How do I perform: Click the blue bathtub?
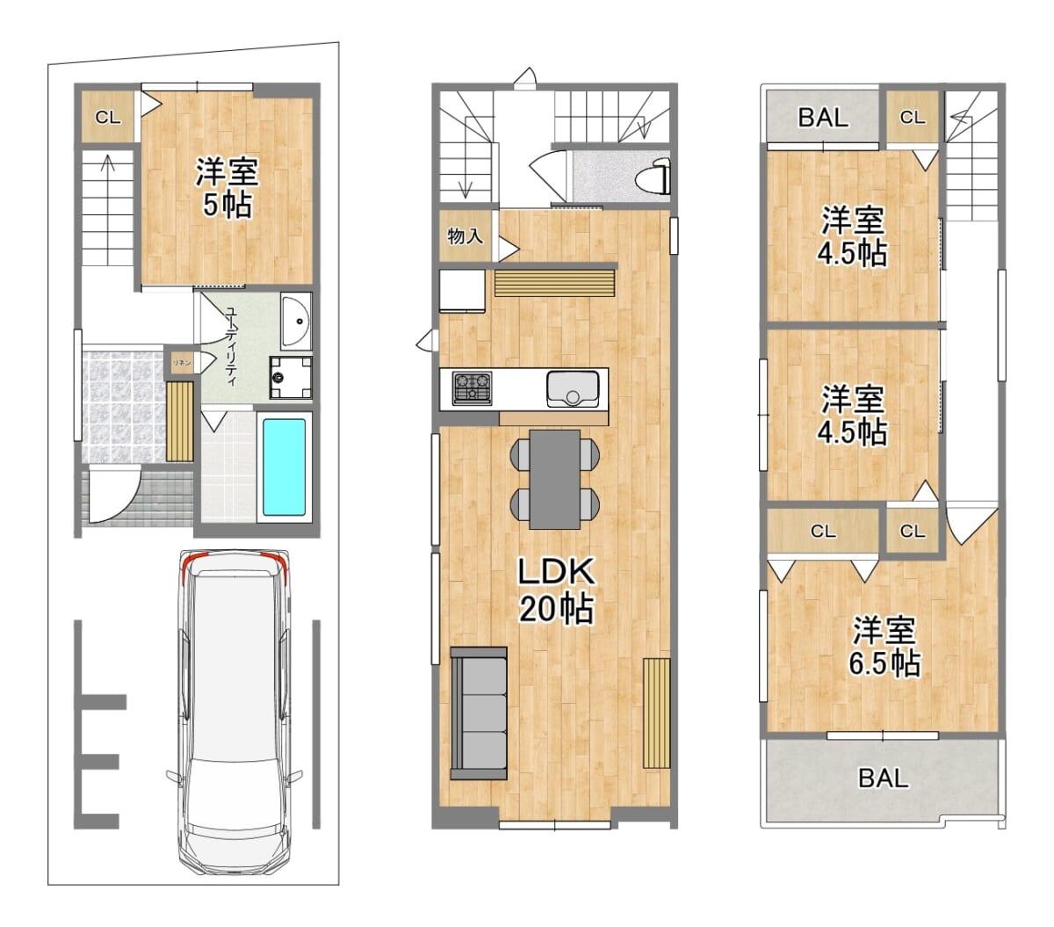click(x=284, y=467)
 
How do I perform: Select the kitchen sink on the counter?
click(x=573, y=388)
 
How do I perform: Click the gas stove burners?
click(x=472, y=388)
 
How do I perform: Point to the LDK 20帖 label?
click(x=556, y=590)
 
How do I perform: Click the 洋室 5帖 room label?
click(x=227, y=187)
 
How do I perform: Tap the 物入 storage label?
click(x=465, y=236)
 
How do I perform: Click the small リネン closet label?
click(x=182, y=362)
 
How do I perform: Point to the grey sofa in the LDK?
click(x=478, y=713)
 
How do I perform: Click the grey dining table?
click(x=554, y=479)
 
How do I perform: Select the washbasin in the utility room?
click(x=296, y=321)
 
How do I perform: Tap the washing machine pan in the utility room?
click(x=291, y=377)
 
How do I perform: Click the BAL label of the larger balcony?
click(x=883, y=779)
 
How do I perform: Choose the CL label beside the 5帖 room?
click(x=108, y=118)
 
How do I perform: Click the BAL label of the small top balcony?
click(x=822, y=117)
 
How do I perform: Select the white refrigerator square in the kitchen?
click(x=462, y=290)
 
